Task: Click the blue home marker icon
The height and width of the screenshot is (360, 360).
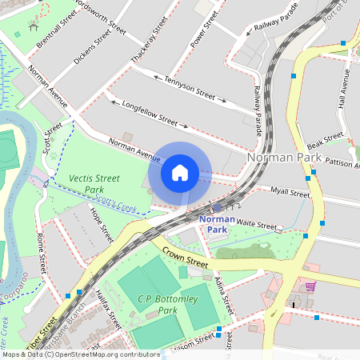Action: [180, 173]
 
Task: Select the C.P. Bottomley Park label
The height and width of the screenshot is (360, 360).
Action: [146, 304]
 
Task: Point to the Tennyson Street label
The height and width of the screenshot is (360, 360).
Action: [190, 87]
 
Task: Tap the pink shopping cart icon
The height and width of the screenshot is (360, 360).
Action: [310, 286]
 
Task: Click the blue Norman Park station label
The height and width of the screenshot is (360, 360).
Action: [217, 223]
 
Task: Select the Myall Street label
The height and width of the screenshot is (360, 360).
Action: [290, 193]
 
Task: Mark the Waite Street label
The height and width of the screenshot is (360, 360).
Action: [255, 226]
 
